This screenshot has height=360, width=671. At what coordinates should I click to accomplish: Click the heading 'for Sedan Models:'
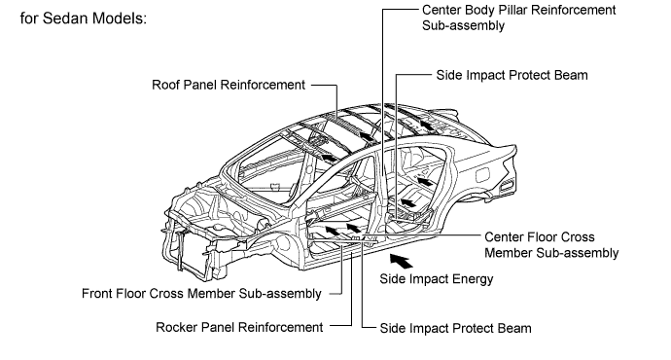point(84,18)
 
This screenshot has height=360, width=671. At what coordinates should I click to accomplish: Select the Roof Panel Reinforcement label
point(229,85)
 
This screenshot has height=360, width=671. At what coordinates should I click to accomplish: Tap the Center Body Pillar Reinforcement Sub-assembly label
point(518,18)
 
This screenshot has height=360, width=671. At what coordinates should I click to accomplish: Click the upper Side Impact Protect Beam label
point(512,75)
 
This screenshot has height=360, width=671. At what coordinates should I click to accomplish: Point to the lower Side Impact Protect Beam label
point(456,328)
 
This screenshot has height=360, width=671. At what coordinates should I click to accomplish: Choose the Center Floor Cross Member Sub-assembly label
point(551,245)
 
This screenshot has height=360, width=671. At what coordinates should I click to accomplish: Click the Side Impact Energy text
point(437,279)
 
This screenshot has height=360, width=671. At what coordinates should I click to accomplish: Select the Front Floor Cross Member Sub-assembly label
point(201,294)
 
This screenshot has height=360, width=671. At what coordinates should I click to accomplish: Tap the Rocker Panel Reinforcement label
point(239,328)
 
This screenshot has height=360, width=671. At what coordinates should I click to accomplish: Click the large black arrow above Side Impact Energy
point(401,260)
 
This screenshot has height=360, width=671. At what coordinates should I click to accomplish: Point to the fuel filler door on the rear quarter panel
point(482,175)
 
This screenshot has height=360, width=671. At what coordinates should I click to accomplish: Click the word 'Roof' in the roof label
point(163,85)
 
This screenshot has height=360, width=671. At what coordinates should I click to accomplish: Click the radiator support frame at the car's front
point(189,243)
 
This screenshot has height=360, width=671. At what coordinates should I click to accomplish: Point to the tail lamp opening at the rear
point(507,185)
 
